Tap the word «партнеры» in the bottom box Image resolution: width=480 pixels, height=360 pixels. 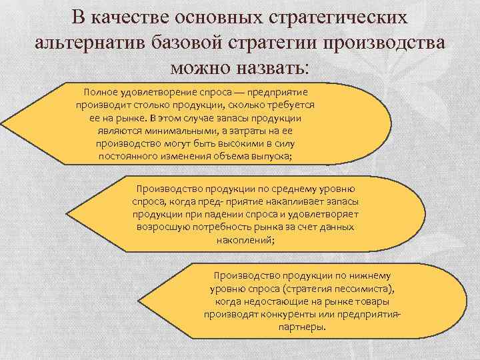(x=303, y=327)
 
